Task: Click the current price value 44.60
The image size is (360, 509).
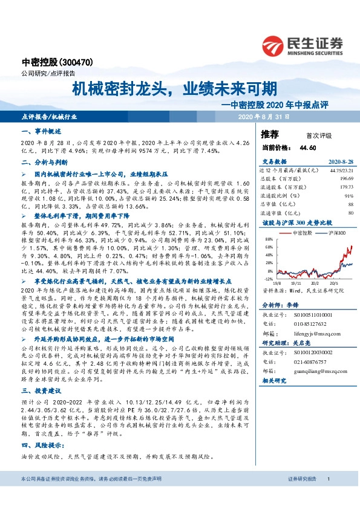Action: tap(308, 147)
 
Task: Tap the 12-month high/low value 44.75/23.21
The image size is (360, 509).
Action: tap(341, 171)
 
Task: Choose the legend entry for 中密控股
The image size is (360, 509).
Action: tap(299, 233)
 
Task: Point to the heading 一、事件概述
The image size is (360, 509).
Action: tap(38, 131)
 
